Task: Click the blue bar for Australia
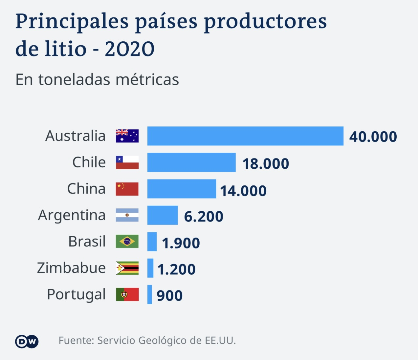[x=245, y=136]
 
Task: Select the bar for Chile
[x=191, y=162]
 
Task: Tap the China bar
[x=182, y=189]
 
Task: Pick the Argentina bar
[x=163, y=215]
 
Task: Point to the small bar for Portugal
[x=150, y=294]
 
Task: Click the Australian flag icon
[x=127, y=136]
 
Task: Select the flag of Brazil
[x=127, y=242]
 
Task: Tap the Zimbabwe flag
[x=127, y=268]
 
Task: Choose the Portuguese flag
[x=127, y=294]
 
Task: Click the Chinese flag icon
[x=127, y=189]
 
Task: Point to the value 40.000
[x=373, y=137]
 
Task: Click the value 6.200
[x=204, y=216]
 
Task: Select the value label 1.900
[x=181, y=243]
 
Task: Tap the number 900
[x=169, y=295]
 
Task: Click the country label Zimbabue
[x=71, y=268]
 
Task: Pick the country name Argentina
[x=72, y=216]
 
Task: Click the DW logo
[x=27, y=342]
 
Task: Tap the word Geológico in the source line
[x=163, y=341]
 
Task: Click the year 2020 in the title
[x=130, y=49]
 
